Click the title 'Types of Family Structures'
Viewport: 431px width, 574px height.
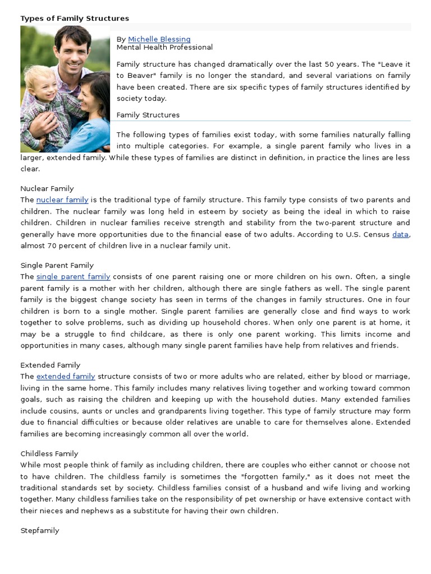pos(75,18)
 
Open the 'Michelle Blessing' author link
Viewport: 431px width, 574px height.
pos(159,39)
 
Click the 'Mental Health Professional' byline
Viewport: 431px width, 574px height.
pos(164,48)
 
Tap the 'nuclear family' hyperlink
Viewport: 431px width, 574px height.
pos(62,200)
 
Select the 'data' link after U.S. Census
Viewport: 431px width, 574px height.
pos(400,234)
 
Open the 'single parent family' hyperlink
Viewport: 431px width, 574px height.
pos(73,277)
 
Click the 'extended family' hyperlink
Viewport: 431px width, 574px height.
pos(66,377)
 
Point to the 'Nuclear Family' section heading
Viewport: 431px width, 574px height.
pos(47,189)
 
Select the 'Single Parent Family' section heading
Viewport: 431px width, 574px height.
pos(57,266)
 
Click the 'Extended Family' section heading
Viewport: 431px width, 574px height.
pos(51,365)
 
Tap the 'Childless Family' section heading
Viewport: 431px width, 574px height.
pos(49,454)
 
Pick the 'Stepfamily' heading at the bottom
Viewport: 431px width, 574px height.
pos(40,530)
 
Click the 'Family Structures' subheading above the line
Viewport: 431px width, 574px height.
pos(148,115)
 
